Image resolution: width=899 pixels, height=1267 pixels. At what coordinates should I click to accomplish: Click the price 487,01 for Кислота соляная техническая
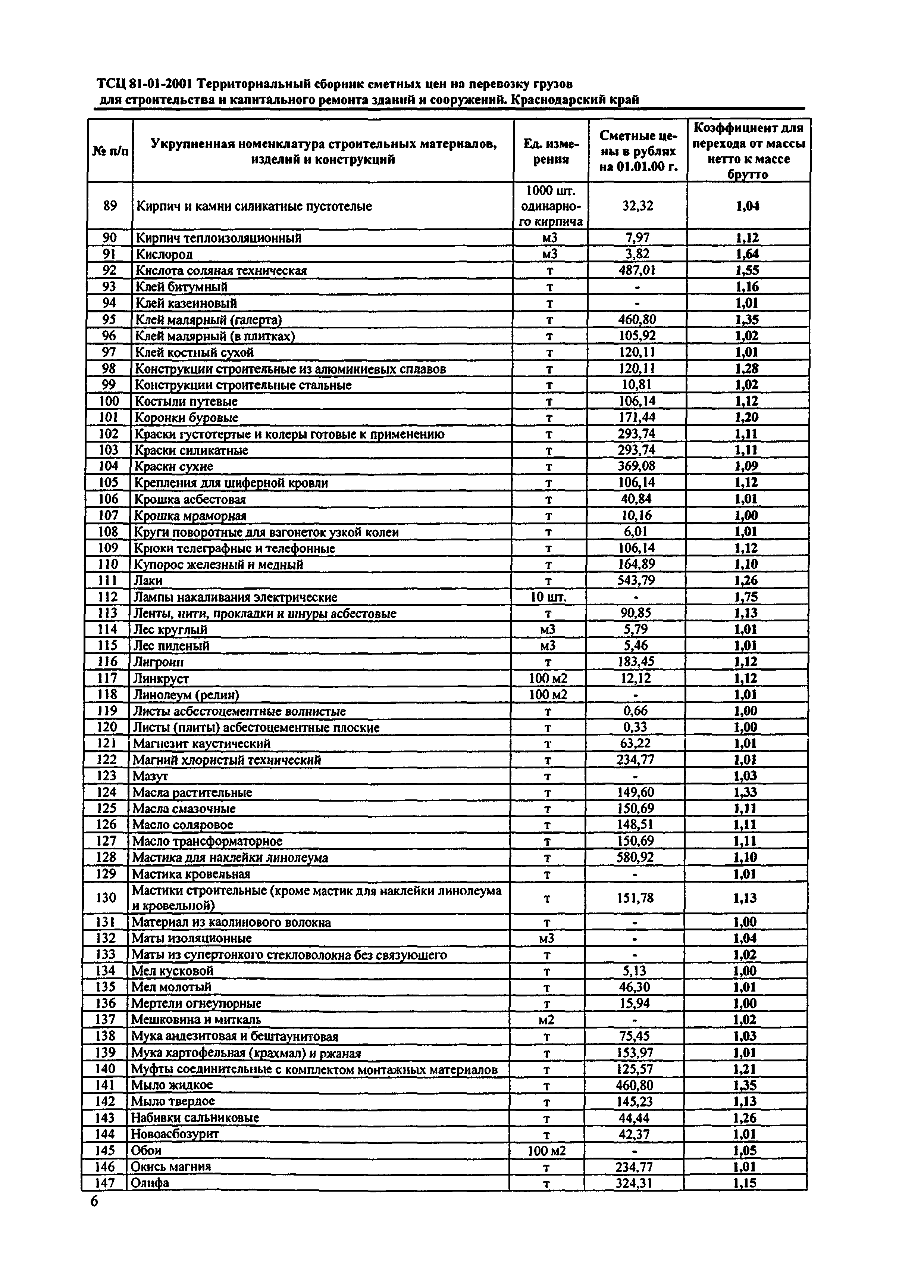click(637, 270)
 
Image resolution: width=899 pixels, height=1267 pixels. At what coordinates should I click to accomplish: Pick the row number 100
click(109, 401)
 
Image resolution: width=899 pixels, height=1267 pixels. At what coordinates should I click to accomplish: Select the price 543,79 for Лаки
click(636, 580)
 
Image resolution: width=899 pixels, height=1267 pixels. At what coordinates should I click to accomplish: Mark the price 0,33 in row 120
click(635, 727)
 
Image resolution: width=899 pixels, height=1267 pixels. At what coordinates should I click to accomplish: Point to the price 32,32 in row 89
click(638, 206)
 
